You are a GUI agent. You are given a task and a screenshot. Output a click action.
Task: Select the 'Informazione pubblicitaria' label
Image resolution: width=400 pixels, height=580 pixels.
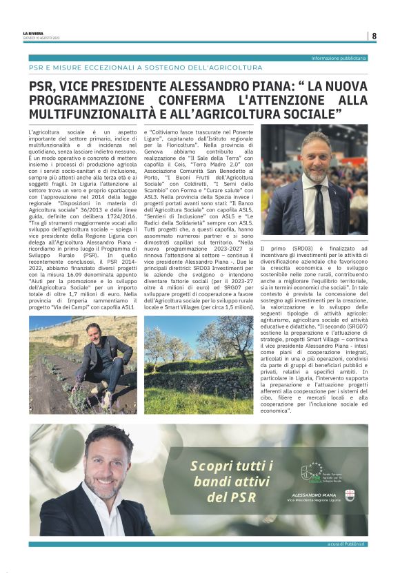coord(339,58)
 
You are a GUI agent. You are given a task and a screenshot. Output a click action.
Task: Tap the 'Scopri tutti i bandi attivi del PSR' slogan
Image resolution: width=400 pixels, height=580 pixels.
coord(222,481)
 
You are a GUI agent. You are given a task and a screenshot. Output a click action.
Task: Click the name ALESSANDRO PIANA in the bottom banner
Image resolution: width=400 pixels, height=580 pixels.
coord(313,495)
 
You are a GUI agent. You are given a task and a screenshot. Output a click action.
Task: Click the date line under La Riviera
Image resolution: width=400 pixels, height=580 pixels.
coord(38,38)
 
